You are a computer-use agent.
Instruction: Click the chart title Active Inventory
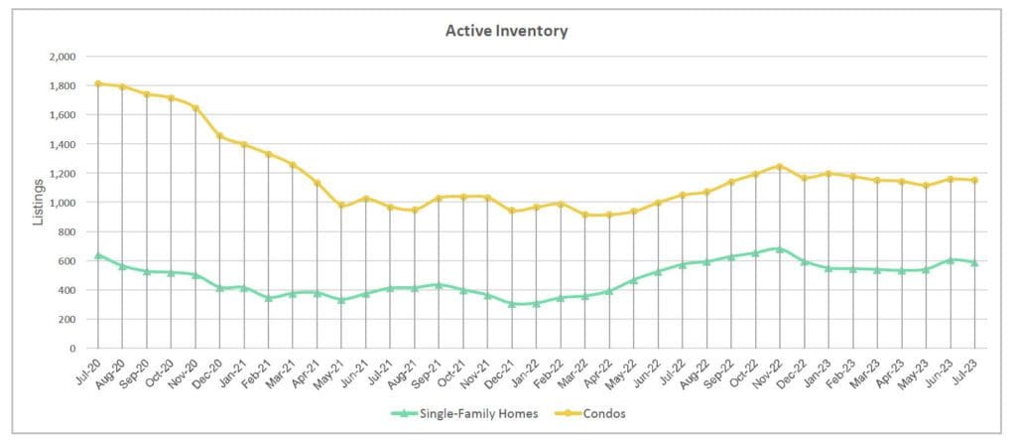point(506,31)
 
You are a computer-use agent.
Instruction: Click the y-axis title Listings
point(39,202)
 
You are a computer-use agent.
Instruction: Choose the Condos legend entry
point(602,413)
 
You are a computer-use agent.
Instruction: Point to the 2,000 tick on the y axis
point(62,57)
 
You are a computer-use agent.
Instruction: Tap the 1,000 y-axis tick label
point(62,203)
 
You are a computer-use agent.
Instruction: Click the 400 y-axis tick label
point(66,290)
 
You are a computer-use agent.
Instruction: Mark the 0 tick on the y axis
point(73,349)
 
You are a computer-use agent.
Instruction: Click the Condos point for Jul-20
point(97,83)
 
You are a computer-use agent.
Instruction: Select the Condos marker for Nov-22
point(780,166)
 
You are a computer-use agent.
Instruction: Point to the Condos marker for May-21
point(341,206)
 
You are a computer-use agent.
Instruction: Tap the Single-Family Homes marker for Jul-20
point(97,255)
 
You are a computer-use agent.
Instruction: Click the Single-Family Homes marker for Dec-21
point(512,304)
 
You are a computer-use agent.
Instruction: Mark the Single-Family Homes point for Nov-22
point(780,249)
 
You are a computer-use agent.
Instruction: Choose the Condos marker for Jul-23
point(974,180)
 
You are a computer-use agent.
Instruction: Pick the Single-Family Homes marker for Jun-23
point(951,260)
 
